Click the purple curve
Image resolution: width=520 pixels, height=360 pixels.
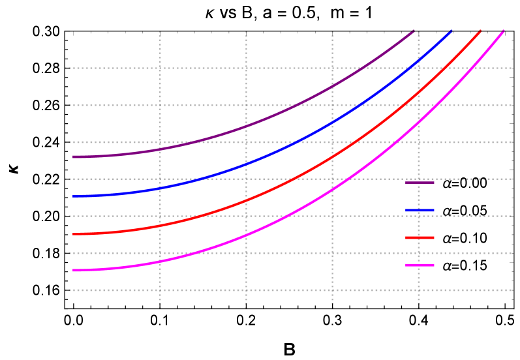point(247,125)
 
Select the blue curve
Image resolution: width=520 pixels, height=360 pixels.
point(247,164)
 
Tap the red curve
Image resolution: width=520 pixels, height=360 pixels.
point(247,200)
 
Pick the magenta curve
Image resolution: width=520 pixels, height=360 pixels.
point(247,235)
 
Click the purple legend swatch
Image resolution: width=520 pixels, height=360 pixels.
point(420,183)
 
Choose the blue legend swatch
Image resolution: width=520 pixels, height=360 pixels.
point(420,210)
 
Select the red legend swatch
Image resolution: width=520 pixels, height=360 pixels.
point(420,237)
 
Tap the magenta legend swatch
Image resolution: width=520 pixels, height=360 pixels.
point(420,265)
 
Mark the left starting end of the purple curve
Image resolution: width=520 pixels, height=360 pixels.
point(74,157)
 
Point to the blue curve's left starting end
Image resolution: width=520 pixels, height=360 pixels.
point(74,196)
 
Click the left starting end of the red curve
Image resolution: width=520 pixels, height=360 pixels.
point(74,233)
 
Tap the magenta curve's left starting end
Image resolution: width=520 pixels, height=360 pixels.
point(74,270)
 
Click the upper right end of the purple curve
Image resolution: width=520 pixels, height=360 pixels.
point(413,31)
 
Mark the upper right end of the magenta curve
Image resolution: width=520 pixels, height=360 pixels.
point(503,31)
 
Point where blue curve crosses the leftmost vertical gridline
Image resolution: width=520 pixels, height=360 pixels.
point(160,188)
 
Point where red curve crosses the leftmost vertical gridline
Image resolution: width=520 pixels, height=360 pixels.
point(160,226)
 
